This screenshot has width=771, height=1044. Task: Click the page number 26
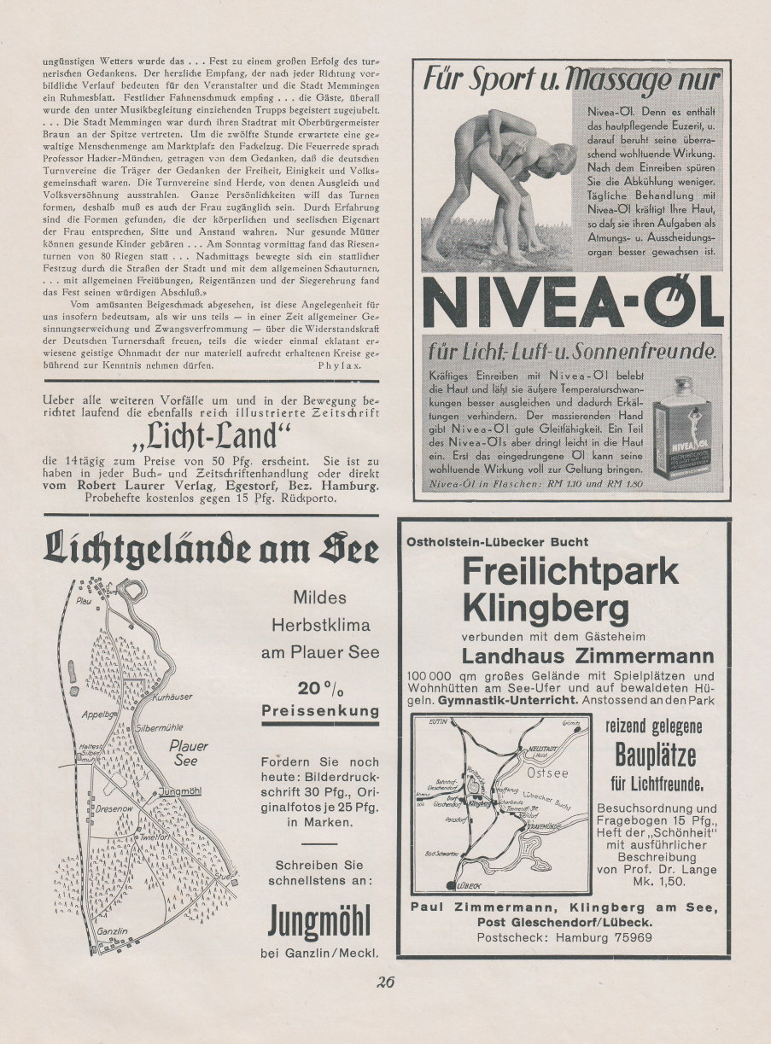click(x=384, y=981)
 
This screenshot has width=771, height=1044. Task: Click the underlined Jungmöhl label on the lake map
click(x=180, y=791)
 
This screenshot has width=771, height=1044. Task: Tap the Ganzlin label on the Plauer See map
click(x=112, y=930)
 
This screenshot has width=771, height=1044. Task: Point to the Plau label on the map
click(x=83, y=600)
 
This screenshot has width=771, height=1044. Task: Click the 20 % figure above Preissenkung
click(x=320, y=689)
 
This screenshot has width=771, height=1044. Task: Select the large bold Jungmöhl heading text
click(x=319, y=922)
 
